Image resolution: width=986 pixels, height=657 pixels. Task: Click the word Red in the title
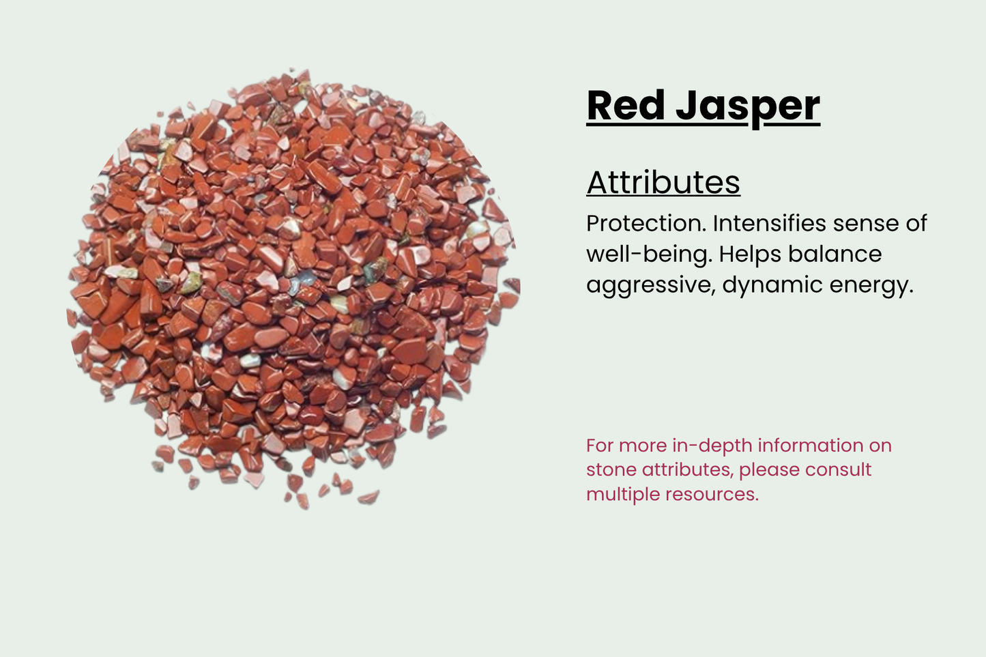pos(626,106)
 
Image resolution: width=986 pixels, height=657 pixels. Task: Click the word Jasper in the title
pos(748,107)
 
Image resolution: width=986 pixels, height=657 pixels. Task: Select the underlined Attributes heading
pos(663,182)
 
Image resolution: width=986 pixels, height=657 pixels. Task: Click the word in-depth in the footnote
pos(712,446)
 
